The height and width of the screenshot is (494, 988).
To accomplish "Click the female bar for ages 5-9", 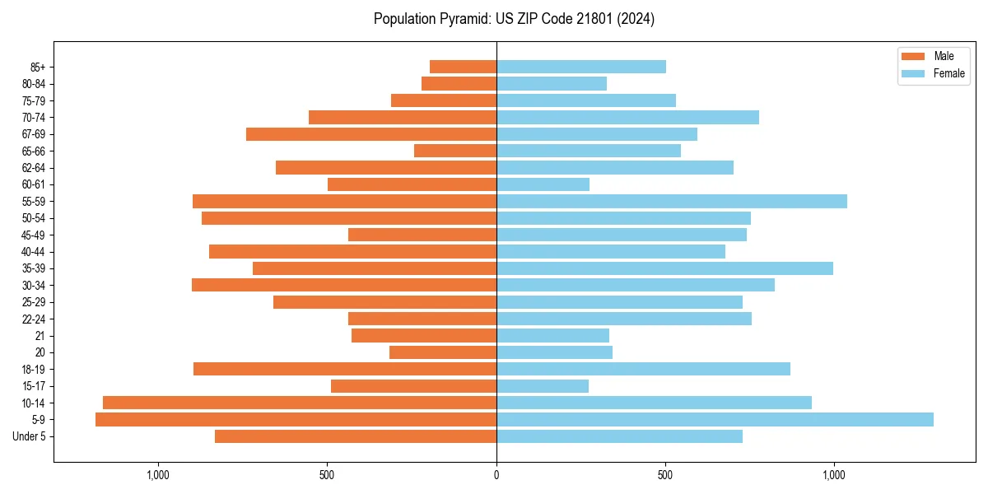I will point(715,420).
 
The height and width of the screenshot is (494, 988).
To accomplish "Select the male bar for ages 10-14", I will point(300,403).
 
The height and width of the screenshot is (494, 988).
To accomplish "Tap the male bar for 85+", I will point(463,67).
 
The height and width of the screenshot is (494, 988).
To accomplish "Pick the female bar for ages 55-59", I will point(672,202).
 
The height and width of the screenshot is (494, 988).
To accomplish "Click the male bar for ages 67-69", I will point(371,134).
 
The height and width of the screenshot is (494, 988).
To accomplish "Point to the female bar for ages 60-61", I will point(543,184).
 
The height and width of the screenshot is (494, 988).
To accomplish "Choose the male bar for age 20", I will point(443,352).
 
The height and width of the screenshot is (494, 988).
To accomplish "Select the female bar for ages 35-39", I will point(664,268).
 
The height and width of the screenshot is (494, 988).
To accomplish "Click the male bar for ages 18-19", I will point(345,369).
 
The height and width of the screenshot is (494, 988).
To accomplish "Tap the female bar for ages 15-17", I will point(543,386).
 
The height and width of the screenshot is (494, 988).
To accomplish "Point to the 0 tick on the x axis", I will point(496,475).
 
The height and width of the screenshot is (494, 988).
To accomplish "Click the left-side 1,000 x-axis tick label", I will point(157,475).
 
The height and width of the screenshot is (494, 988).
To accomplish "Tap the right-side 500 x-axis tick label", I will point(665,475).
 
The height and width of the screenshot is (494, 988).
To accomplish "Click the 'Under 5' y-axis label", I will point(29,436).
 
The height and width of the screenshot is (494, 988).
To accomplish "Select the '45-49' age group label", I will point(34,235).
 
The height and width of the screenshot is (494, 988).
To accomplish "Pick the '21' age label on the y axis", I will point(40,336).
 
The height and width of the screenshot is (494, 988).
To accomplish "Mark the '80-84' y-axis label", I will point(34,84).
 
